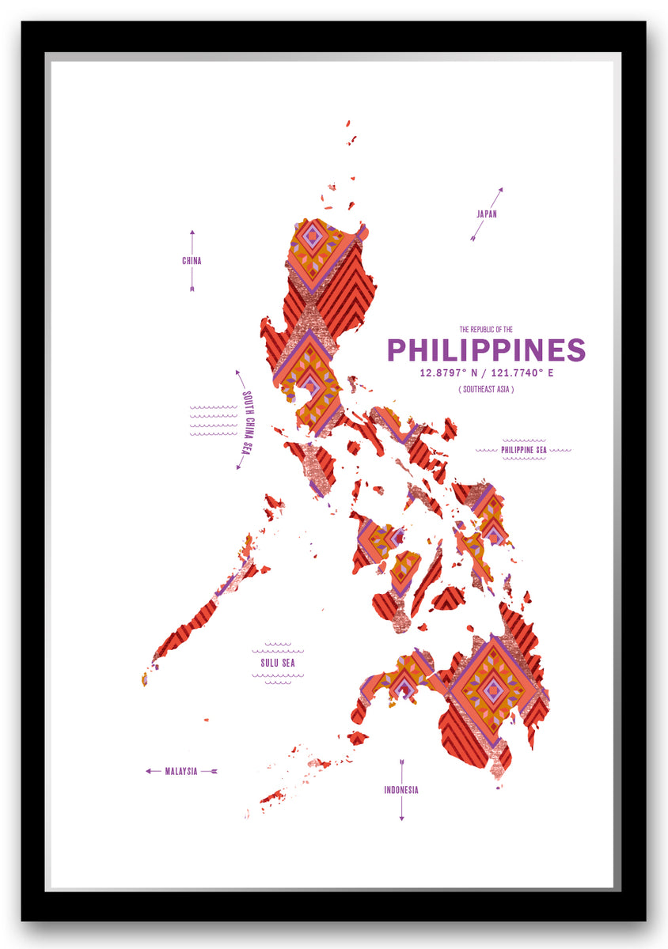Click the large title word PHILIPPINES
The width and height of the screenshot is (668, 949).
486,350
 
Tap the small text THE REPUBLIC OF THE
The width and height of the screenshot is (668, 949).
486,329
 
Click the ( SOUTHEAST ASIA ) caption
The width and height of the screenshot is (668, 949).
486,390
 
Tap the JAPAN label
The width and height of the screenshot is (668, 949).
487,214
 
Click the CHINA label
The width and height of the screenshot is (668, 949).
192,260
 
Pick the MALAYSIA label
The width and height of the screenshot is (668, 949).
181,771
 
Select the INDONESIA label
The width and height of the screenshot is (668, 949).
401,790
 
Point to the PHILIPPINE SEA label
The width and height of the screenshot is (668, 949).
523,450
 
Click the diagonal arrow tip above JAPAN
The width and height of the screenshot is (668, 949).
500,191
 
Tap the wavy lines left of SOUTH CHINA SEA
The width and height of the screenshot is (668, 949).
213,421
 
